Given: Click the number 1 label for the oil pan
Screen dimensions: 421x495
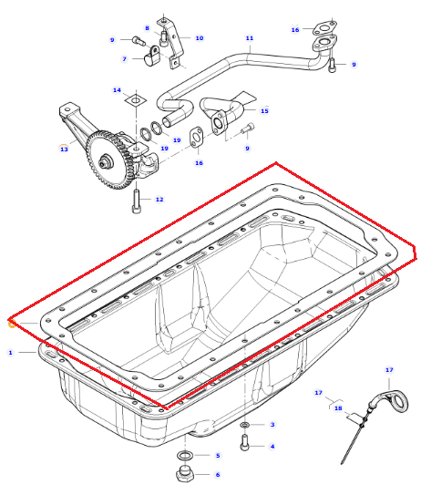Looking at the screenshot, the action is click(10, 352).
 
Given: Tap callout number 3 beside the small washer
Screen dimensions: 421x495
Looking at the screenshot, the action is click(272, 425).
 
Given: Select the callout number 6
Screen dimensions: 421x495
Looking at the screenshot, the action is click(218, 474).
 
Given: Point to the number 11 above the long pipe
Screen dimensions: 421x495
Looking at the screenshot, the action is click(250, 38).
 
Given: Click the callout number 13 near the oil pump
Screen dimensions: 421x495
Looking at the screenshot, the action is click(64, 149).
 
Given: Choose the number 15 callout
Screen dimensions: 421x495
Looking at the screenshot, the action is click(264, 111).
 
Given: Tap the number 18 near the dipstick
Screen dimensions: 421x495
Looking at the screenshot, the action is click(338, 408).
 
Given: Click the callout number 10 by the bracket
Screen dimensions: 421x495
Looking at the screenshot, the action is click(200, 38).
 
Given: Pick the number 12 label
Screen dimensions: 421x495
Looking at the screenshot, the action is click(159, 200).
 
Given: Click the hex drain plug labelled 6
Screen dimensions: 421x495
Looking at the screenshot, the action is click(184, 474).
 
